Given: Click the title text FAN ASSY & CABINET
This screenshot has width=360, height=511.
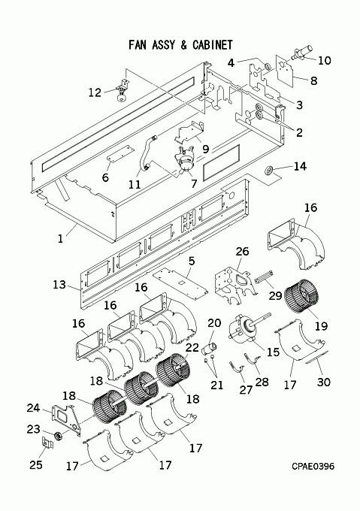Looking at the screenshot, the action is (180, 45).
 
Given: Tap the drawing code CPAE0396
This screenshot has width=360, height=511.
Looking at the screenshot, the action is (313, 466).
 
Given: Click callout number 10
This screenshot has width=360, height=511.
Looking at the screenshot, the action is (324, 61).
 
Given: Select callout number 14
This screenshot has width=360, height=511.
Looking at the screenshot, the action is (300, 166).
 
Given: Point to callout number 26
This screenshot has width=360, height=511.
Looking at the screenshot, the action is (242, 251).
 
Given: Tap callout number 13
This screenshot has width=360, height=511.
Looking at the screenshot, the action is (59, 285).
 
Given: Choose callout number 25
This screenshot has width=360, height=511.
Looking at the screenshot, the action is (36, 464).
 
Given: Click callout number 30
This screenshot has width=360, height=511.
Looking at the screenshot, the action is (323, 382).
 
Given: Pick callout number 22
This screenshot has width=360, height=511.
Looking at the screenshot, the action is (192, 347).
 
